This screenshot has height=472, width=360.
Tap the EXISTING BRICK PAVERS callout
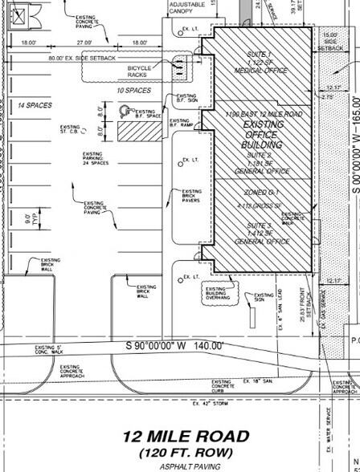193,195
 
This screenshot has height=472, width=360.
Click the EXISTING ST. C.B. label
71,128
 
